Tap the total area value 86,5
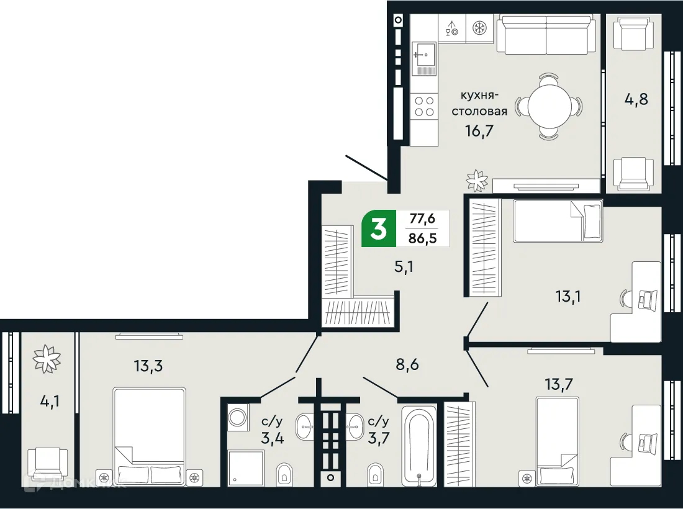[422, 238]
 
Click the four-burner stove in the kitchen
[424, 106]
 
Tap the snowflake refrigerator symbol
[479, 28]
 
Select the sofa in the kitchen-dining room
[546, 36]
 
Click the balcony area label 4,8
[634, 99]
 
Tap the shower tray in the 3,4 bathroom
[246, 467]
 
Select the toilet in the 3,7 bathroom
[375, 473]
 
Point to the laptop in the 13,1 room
[648, 300]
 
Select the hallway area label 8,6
[407, 364]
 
